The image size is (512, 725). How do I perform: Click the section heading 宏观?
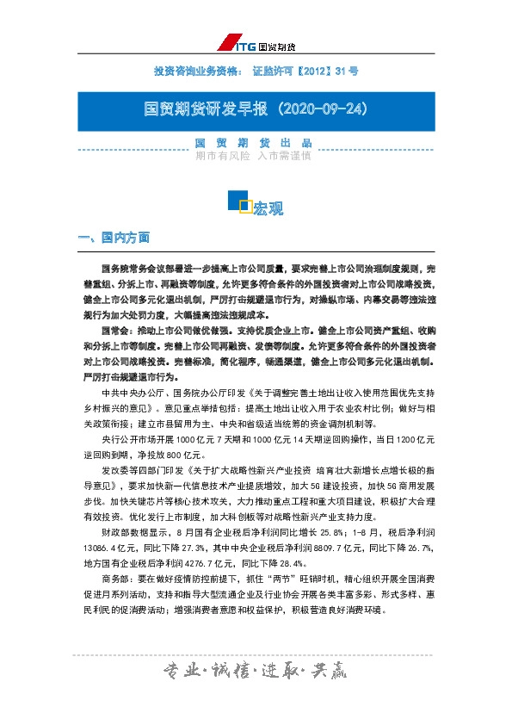(x=268, y=208)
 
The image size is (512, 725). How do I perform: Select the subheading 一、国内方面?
(x=114, y=237)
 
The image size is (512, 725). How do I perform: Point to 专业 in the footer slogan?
(x=181, y=671)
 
